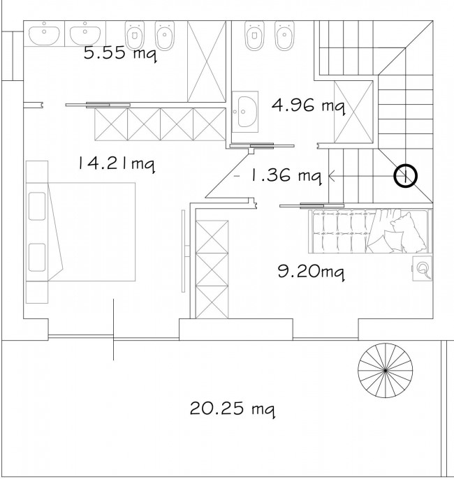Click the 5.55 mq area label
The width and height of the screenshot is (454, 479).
120,54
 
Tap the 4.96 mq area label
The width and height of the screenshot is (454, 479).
309,105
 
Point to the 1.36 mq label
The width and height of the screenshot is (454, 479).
286,176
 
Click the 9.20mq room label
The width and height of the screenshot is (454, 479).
312,271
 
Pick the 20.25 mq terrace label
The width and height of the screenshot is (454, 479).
232,408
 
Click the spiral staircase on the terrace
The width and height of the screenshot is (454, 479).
386,370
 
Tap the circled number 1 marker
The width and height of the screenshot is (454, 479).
405,176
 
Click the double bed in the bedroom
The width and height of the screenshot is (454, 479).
81,232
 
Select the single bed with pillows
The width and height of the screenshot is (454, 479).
370,231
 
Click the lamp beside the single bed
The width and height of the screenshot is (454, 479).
422,268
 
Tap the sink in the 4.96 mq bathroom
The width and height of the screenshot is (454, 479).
244,112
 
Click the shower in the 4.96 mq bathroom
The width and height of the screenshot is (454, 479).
354,112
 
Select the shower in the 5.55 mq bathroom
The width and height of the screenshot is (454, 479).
207,61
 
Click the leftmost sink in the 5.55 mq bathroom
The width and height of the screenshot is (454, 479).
44,34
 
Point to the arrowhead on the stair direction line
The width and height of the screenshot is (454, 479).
332,176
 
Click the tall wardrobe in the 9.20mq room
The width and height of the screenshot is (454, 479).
212,269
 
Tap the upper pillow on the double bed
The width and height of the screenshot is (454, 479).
37,206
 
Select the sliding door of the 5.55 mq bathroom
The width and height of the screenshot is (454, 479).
98,105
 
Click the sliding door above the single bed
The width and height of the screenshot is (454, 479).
312,205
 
